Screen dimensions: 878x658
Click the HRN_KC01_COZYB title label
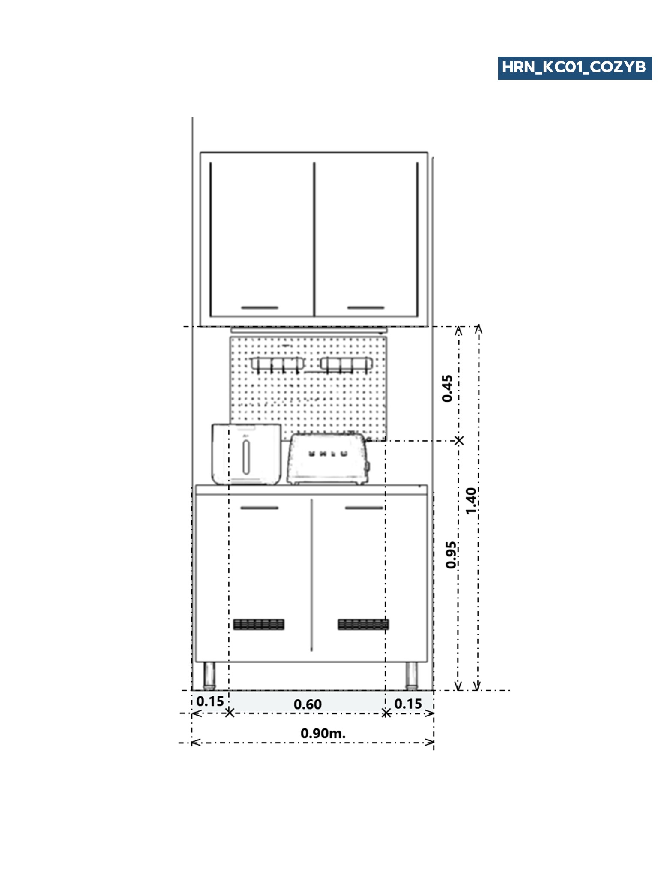(x=574, y=68)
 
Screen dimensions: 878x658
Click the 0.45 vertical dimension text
(x=447, y=388)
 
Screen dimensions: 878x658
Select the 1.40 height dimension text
(x=471, y=501)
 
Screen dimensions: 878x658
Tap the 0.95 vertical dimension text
(x=451, y=555)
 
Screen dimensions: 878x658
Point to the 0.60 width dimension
(x=307, y=704)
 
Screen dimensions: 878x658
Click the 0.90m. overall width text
(x=323, y=733)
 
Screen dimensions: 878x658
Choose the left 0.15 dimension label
(x=210, y=701)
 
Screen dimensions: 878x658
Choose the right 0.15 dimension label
(x=408, y=704)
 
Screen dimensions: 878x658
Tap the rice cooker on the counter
(x=246, y=454)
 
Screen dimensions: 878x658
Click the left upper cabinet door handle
(x=260, y=307)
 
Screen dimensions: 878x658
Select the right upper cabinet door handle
(x=365, y=307)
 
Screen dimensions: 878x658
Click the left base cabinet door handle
(x=259, y=508)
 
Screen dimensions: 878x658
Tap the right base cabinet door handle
(x=364, y=508)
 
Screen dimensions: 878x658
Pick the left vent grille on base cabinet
(x=259, y=624)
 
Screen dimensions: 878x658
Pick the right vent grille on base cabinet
(x=363, y=624)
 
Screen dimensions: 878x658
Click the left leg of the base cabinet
(x=209, y=675)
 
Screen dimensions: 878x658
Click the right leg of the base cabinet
(x=411, y=675)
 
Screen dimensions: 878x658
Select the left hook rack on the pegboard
(x=278, y=364)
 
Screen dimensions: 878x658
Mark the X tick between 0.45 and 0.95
(x=459, y=440)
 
